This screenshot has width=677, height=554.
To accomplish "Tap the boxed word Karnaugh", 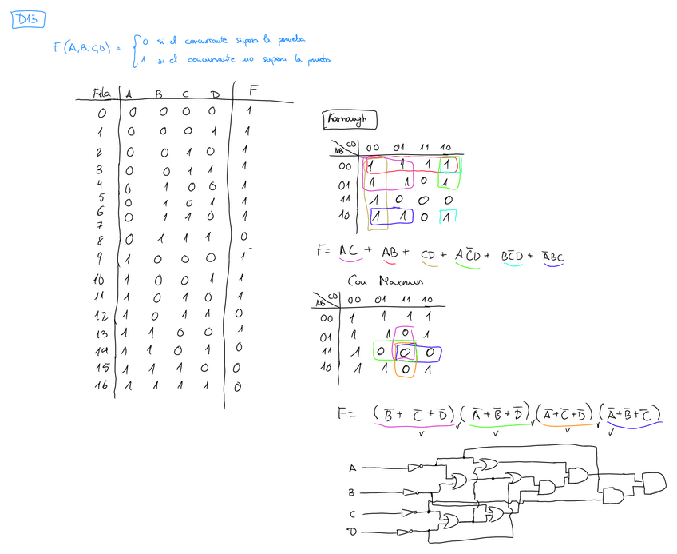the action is [x=350, y=120].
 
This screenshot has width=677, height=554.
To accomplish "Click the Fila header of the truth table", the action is [x=101, y=94].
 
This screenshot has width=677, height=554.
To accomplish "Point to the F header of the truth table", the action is [x=253, y=90].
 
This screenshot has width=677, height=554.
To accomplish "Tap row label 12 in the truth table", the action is [x=100, y=314].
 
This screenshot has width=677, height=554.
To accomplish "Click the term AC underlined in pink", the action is [x=350, y=251].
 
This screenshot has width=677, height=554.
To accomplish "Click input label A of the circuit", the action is [x=352, y=468].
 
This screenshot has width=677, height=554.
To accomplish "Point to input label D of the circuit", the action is [x=351, y=532].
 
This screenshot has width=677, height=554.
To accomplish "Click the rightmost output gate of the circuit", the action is [x=652, y=481].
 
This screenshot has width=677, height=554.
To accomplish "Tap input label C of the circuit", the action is [x=352, y=513].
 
